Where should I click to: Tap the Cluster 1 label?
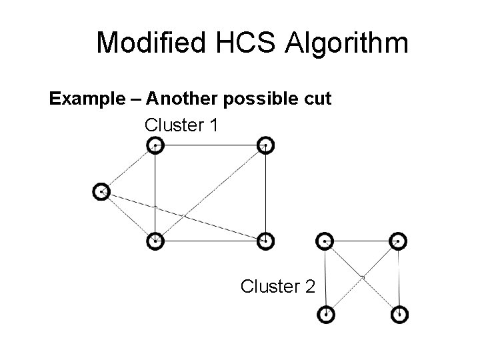pos(180,125)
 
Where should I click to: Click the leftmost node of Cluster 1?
pos(101,192)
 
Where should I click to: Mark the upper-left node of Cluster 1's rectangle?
pos(155,145)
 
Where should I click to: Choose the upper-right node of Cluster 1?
pos(265,145)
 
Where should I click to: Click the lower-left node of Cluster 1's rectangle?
pos(155,241)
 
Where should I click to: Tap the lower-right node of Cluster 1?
pos(265,241)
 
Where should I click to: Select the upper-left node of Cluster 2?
pos(325,241)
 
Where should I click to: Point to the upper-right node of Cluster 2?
pos(398,241)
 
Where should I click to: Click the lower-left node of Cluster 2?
pos(326,314)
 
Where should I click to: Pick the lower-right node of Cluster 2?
pos(399,314)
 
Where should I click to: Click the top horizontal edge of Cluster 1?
pos(210,145)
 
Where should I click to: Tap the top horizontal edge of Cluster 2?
pos(361,241)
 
